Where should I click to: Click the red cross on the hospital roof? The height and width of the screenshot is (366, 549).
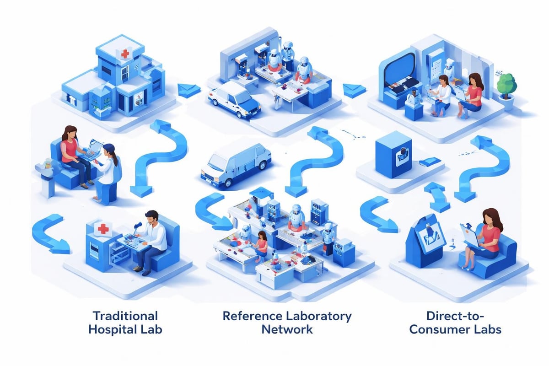pos(124,54)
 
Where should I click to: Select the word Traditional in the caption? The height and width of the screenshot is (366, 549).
pos(125,316)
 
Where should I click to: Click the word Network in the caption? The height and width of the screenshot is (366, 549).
pos(287,329)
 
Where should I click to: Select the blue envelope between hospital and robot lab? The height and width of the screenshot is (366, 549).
pos(188,89)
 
